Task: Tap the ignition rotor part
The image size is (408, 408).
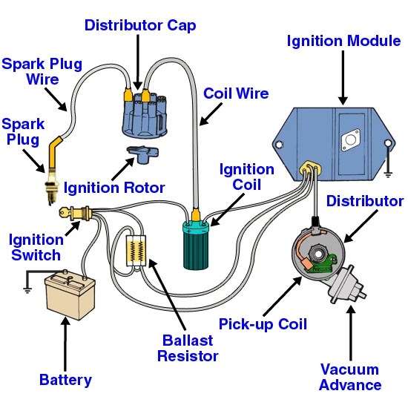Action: click(143, 154)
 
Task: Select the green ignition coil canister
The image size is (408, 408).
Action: click(196, 245)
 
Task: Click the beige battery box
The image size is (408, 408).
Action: click(70, 295)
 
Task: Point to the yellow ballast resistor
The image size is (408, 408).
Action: click(136, 251)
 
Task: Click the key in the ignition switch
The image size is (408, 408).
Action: click(65, 212)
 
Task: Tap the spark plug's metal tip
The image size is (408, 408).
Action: click(51, 191)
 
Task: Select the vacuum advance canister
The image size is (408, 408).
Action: click(346, 285)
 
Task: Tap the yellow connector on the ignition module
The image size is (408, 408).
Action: click(310, 168)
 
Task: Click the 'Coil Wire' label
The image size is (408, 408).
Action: click(236, 93)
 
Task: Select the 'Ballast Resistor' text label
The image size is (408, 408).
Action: click(188, 348)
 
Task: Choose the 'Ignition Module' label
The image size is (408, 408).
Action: click(343, 41)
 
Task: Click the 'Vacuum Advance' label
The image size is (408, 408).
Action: click(350, 377)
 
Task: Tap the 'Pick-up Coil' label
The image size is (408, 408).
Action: click(263, 324)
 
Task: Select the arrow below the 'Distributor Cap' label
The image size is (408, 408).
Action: click(138, 62)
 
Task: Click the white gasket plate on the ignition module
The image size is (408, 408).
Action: click(351, 140)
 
